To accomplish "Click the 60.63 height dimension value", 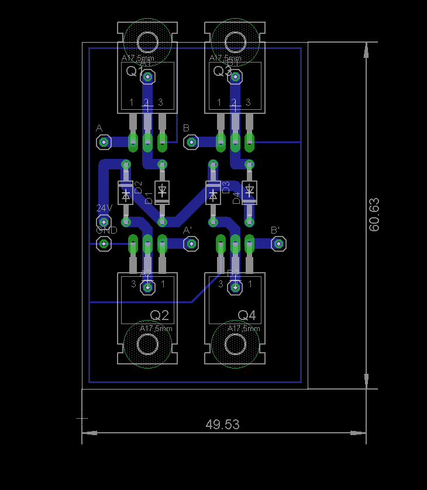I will pos(374,214).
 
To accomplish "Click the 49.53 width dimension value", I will pos(222,425).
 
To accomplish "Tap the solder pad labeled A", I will pos(104,141).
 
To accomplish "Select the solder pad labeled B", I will pos(191,142).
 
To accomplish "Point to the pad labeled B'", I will pos(279,244).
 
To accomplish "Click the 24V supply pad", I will pos(104,221).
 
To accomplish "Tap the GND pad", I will pos(104,244).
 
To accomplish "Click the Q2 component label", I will pos(159,315).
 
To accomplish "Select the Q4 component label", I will pos(247,315).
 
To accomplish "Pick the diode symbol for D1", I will pos(163,190).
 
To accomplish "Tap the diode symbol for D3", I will pos(213,193).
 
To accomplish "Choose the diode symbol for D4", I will pos(250,190).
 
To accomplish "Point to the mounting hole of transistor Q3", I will pos(235,42).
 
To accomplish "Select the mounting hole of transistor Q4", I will pos(235,345).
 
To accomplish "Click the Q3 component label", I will pos(222,71).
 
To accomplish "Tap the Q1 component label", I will pos(135,71).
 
